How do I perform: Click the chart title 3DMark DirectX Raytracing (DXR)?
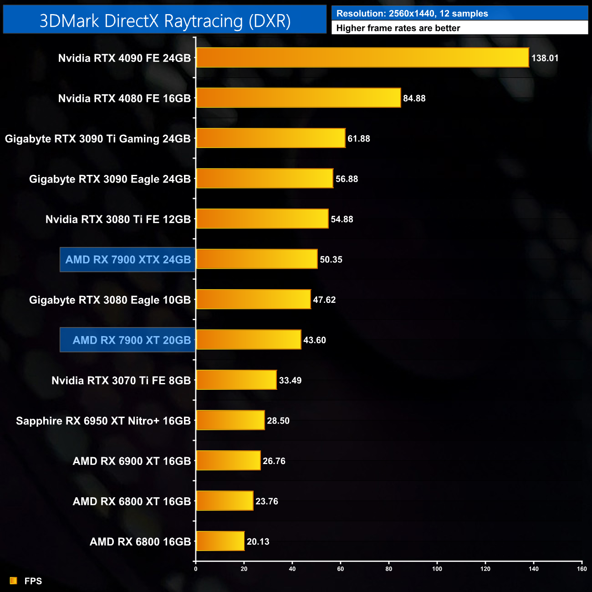pyautogui.click(x=165, y=21)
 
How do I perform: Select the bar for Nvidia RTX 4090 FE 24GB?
pyautogui.click(x=362, y=58)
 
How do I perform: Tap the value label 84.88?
pyautogui.click(x=414, y=98)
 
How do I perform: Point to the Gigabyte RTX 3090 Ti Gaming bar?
pyautogui.click(x=270, y=138)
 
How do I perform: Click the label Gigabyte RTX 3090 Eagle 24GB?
pyautogui.click(x=110, y=179)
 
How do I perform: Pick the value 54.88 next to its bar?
pyautogui.click(x=342, y=219)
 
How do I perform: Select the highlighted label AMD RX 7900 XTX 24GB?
pyautogui.click(x=128, y=260)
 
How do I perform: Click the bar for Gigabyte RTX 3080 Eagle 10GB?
pyautogui.click(x=253, y=300)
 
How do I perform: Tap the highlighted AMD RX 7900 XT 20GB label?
pyautogui.click(x=132, y=340)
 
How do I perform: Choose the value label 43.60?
pyautogui.click(x=314, y=340)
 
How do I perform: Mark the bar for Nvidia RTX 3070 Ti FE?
pyautogui.click(x=236, y=380)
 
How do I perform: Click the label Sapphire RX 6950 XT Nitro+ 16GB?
pyautogui.click(x=103, y=421)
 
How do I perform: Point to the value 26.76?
pyautogui.click(x=274, y=461)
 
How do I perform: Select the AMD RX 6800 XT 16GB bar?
pyautogui.click(x=225, y=501)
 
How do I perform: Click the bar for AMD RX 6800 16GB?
pyautogui.click(x=220, y=541)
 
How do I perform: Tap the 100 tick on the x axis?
pyautogui.click(x=437, y=569)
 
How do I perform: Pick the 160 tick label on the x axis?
pyautogui.click(x=582, y=569)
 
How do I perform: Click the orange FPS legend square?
pyautogui.click(x=14, y=581)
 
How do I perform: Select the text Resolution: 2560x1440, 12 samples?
pyautogui.click(x=412, y=14)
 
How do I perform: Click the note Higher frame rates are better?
pyautogui.click(x=398, y=28)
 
